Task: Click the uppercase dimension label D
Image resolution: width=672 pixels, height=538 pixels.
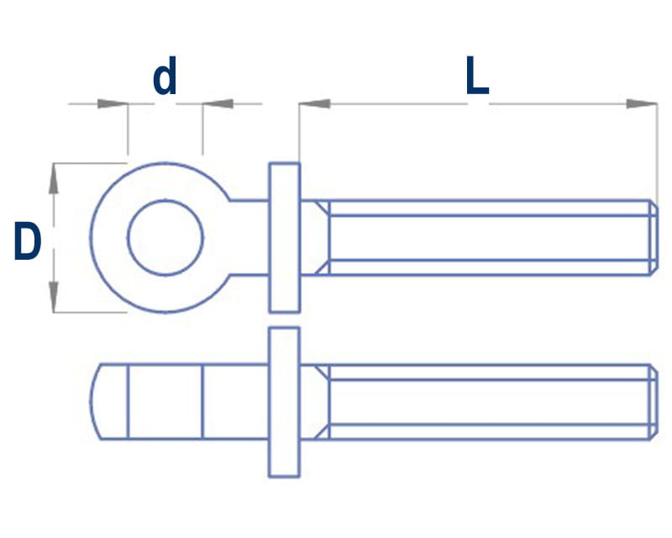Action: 27,242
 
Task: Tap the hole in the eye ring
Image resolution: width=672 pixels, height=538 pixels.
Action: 165,237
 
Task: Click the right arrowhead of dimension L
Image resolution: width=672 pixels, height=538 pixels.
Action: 643,104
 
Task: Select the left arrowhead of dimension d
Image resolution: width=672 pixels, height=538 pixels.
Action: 113,104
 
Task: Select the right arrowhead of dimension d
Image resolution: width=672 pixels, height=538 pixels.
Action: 218,104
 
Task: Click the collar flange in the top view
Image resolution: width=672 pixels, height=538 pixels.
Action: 284,237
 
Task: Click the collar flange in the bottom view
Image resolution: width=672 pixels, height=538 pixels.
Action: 284,402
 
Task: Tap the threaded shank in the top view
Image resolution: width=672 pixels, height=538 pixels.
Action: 487,237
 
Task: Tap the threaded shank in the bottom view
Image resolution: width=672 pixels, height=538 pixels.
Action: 487,402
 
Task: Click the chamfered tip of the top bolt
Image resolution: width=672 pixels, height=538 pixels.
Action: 654,237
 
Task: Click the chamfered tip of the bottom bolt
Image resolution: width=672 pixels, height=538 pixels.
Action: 654,402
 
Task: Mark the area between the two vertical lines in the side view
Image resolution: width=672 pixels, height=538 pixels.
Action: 165,402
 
